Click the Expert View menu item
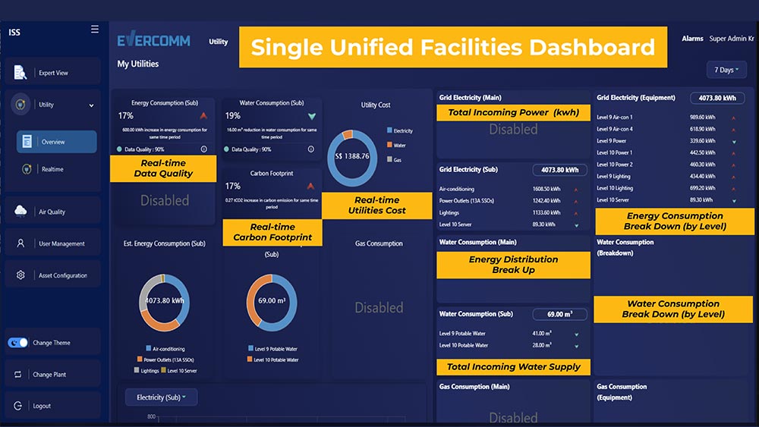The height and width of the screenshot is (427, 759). (x=52, y=73)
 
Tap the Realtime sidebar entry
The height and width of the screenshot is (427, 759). (x=52, y=169)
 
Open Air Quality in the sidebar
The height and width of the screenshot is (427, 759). (x=52, y=212)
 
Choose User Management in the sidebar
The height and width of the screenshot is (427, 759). (x=61, y=243)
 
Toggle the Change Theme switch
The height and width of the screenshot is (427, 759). (x=17, y=343)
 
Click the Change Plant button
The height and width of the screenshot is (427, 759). (x=52, y=375)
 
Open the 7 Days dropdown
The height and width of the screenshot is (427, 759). (x=726, y=70)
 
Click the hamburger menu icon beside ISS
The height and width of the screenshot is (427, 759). (x=95, y=30)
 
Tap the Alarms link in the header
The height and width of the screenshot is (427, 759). (x=692, y=39)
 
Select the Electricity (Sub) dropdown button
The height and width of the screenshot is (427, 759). (x=162, y=397)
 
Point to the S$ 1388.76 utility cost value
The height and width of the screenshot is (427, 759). (x=351, y=157)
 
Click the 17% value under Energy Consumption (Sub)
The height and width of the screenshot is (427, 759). (x=125, y=116)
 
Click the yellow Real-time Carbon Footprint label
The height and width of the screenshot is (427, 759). (x=272, y=232)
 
